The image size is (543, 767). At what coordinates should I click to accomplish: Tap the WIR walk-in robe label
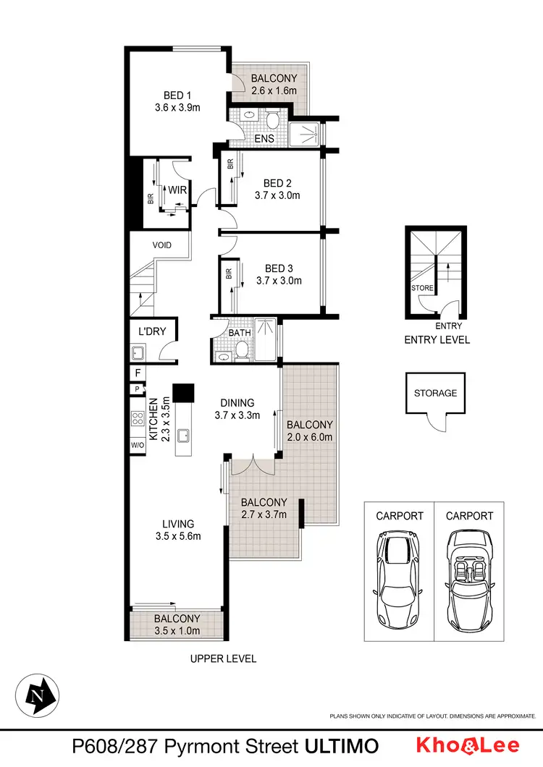(x=177, y=190)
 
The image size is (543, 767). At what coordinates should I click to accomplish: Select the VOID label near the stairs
(x=162, y=245)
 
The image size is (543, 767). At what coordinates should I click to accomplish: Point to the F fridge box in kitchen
(x=136, y=373)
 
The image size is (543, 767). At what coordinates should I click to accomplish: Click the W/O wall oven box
(x=138, y=445)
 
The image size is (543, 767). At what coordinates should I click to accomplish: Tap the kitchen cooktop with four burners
(x=137, y=418)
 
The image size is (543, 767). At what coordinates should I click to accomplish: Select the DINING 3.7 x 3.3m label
(x=237, y=409)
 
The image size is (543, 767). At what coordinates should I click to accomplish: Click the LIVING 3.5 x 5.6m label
(x=178, y=530)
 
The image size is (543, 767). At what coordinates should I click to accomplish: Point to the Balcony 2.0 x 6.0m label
(x=309, y=431)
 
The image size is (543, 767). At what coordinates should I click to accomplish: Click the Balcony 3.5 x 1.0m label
(x=177, y=624)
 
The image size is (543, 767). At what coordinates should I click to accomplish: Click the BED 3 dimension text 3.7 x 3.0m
(x=279, y=281)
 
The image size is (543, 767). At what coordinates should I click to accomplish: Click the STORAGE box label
(x=435, y=393)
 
